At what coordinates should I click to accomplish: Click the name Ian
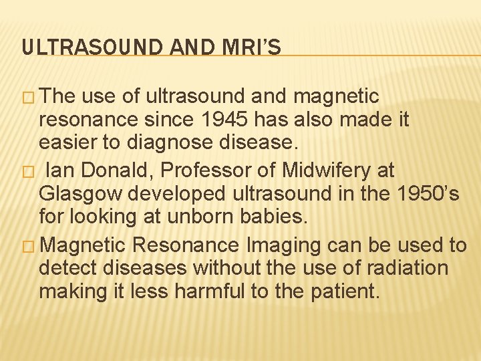55,170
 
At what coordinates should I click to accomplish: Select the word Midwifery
317,170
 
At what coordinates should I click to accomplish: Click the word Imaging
286,245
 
